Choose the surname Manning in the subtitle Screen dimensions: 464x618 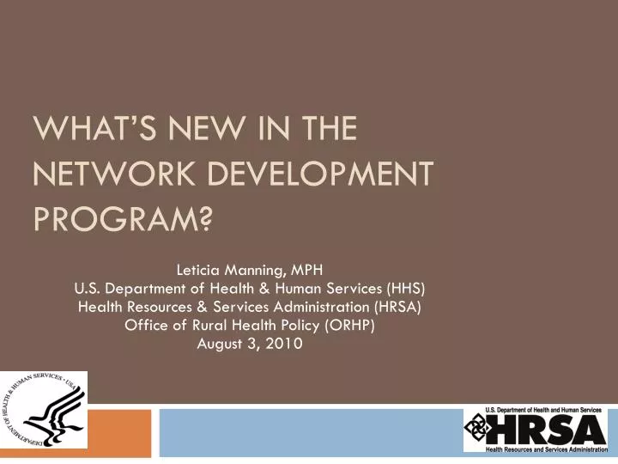(x=256, y=266)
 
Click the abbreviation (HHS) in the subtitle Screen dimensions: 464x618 (x=408, y=286)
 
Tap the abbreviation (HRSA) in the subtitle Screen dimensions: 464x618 (x=397, y=306)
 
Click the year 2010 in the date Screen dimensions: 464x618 (x=287, y=344)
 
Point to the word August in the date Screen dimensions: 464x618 (x=223, y=344)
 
